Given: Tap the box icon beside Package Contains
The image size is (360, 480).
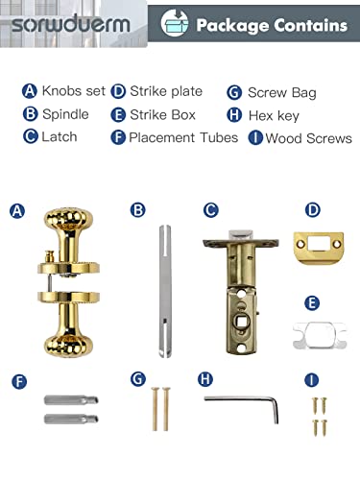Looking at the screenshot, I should click(175, 23).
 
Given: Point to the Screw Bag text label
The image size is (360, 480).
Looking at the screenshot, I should click(282, 93).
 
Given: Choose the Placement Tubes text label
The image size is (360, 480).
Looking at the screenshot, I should click(183, 138).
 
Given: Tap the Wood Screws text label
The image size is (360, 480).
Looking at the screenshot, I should click(308, 138).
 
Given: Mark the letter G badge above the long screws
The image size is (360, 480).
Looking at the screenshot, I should click(137, 381).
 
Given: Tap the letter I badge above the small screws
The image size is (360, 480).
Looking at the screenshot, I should click(310, 381).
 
